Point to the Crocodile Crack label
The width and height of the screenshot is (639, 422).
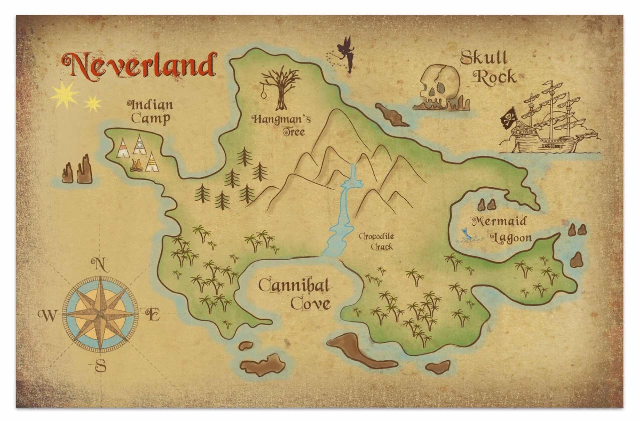point(376,241)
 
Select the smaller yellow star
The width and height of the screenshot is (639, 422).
point(93,104)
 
